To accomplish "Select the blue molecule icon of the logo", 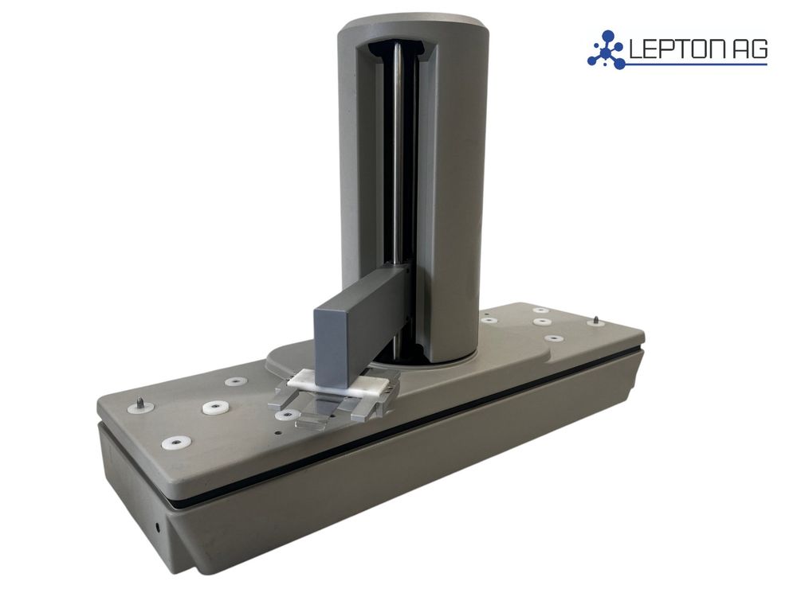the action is click(x=607, y=49).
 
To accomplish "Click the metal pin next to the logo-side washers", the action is click(x=595, y=322).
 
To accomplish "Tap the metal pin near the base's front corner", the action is click(x=139, y=404).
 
